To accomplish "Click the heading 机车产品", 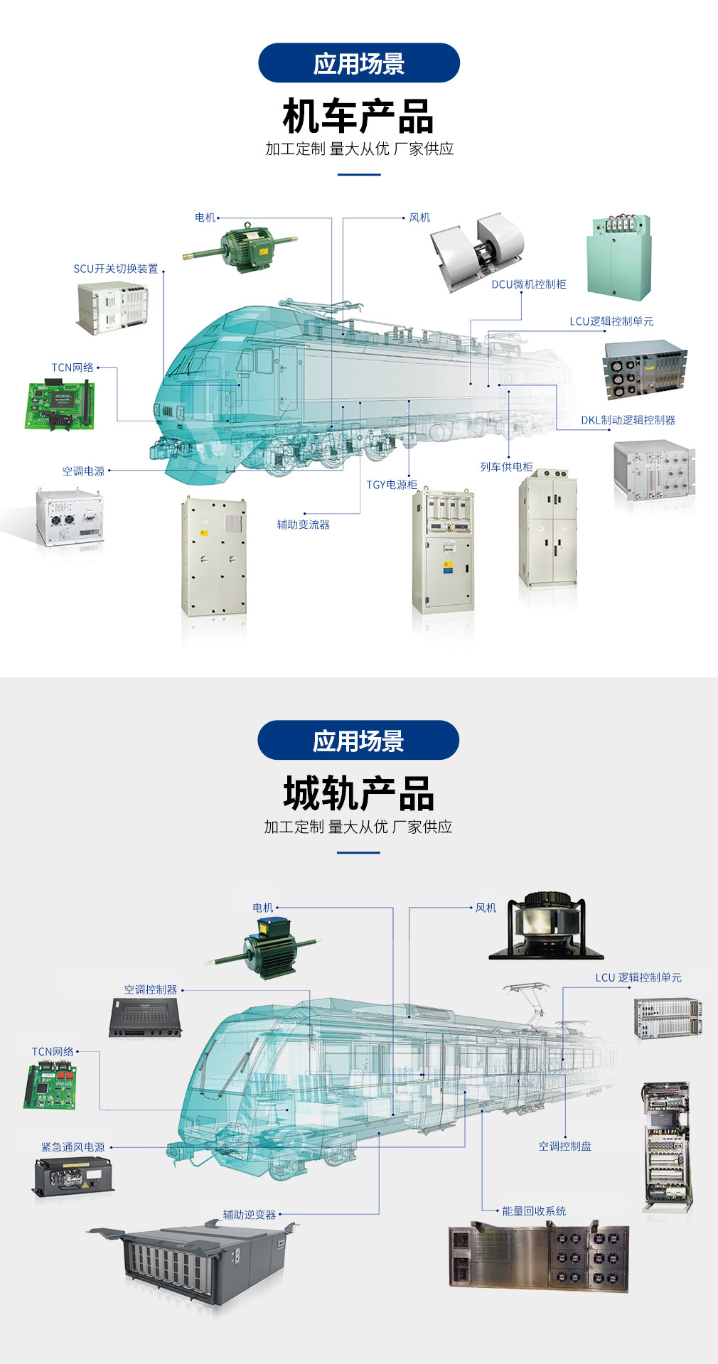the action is click(358, 117).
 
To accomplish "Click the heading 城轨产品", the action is click(358, 793).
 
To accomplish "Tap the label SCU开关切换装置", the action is click(116, 269).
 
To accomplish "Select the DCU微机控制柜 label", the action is click(529, 284).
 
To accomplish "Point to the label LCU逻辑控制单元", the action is click(611, 321).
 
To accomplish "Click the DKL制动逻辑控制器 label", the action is click(628, 420).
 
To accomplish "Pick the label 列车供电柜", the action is click(506, 467).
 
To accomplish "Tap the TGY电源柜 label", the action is click(392, 485).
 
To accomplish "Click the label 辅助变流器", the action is click(304, 525).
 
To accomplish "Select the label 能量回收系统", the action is click(534, 1211).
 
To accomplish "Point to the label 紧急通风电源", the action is click(73, 1147).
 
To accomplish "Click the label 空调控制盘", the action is click(564, 1146).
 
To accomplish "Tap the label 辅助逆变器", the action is click(250, 1215).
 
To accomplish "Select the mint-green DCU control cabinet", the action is click(618, 257).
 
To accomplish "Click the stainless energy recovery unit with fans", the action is click(539, 1257).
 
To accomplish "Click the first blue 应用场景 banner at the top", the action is click(359, 63).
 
